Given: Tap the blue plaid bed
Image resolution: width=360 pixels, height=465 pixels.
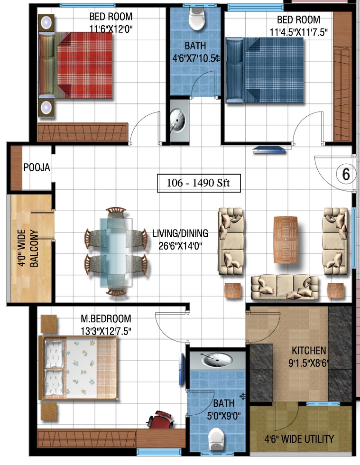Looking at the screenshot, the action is point(265,70).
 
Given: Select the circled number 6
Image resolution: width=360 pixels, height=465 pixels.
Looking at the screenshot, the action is point(346,174).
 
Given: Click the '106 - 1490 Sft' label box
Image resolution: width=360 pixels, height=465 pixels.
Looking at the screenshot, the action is point(199,183).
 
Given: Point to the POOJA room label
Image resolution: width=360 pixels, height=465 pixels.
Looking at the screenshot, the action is point(37,167).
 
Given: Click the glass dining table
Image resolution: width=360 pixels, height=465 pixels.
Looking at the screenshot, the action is point(116,252).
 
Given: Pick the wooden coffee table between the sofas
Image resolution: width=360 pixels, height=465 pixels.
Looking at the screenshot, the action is point(285,240).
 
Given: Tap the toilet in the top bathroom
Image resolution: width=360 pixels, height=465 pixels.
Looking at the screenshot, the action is point(197,19).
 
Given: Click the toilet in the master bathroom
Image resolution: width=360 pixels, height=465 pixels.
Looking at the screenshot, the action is point(216,440).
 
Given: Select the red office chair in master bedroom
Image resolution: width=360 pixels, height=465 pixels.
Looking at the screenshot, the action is point(160,419).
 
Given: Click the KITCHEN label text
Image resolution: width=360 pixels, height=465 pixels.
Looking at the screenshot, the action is point(309,351).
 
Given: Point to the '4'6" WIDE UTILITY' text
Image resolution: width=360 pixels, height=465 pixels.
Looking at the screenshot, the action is point(299,439).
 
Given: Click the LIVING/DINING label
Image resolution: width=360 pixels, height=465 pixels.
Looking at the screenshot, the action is point(180,233).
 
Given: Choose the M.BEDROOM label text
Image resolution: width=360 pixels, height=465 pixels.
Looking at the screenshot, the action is point(106,318).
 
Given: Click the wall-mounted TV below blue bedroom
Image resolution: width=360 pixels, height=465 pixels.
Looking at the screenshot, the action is point(269,150).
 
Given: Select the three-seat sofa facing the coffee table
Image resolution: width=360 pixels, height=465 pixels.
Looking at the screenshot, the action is point(285,287).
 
